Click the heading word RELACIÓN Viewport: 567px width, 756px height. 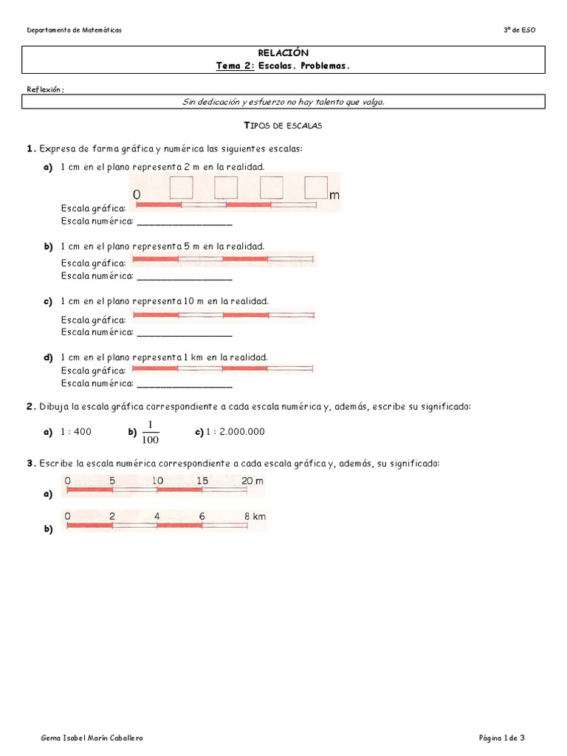point(283,53)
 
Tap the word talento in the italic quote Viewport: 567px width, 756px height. point(318,102)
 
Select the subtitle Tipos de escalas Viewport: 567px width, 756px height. point(283,126)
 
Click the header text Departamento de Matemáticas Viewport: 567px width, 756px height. point(74,30)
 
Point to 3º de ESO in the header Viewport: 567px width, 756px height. point(519,30)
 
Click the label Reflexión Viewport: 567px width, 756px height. point(45,89)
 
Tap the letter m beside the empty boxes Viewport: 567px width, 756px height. point(334,195)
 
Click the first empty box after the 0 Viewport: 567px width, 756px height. point(181,188)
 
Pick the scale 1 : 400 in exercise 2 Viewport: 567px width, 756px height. point(76,432)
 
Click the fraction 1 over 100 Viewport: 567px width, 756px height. point(150,432)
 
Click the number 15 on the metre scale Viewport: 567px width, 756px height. point(202,481)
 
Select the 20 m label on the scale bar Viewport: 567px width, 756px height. point(252,481)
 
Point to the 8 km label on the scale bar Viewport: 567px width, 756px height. point(255,517)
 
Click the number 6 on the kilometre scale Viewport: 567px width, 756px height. point(202,517)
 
